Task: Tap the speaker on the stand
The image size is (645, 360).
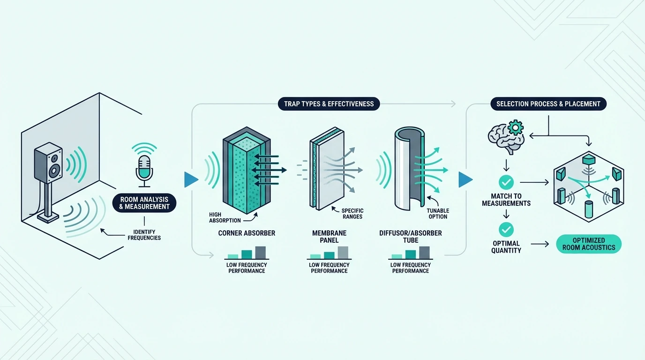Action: pyautogui.click(x=48, y=163)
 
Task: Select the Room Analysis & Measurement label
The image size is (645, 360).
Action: pyautogui.click(x=144, y=203)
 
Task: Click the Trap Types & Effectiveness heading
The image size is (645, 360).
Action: pyautogui.click(x=329, y=104)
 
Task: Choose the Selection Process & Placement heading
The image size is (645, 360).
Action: pyautogui.click(x=548, y=104)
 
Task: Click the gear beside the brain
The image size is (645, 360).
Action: pyautogui.click(x=516, y=127)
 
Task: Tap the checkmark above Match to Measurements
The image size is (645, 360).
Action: pyautogui.click(x=506, y=182)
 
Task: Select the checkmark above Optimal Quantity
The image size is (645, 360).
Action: pyautogui.click(x=506, y=230)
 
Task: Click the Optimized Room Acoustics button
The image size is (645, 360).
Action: pyautogui.click(x=589, y=244)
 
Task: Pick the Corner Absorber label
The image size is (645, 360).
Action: pyautogui.click(x=247, y=233)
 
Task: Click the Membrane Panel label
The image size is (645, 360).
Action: pyautogui.click(x=329, y=236)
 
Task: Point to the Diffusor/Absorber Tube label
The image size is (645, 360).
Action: pyautogui.click(x=410, y=236)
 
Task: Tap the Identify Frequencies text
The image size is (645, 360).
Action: pyautogui.click(x=144, y=235)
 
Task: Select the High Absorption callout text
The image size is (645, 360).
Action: pyautogui.click(x=225, y=217)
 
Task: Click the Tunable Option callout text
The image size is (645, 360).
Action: pyautogui.click(x=438, y=214)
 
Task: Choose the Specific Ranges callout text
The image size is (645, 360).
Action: pyautogui.click(x=352, y=214)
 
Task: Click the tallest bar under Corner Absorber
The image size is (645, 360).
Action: pyautogui.click(x=261, y=253)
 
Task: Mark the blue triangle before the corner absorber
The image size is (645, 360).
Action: pyautogui.click(x=191, y=180)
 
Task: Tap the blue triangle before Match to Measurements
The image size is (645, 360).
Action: pyautogui.click(x=465, y=180)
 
